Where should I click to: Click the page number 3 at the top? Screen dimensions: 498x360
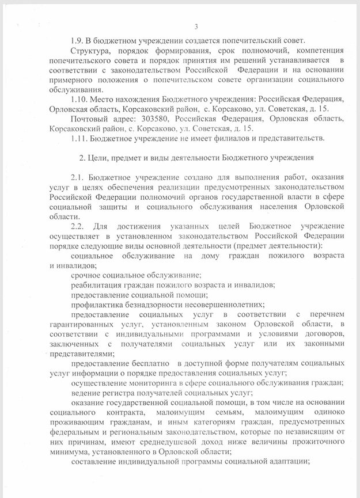click(196, 26)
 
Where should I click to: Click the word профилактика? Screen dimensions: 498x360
click(95, 305)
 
